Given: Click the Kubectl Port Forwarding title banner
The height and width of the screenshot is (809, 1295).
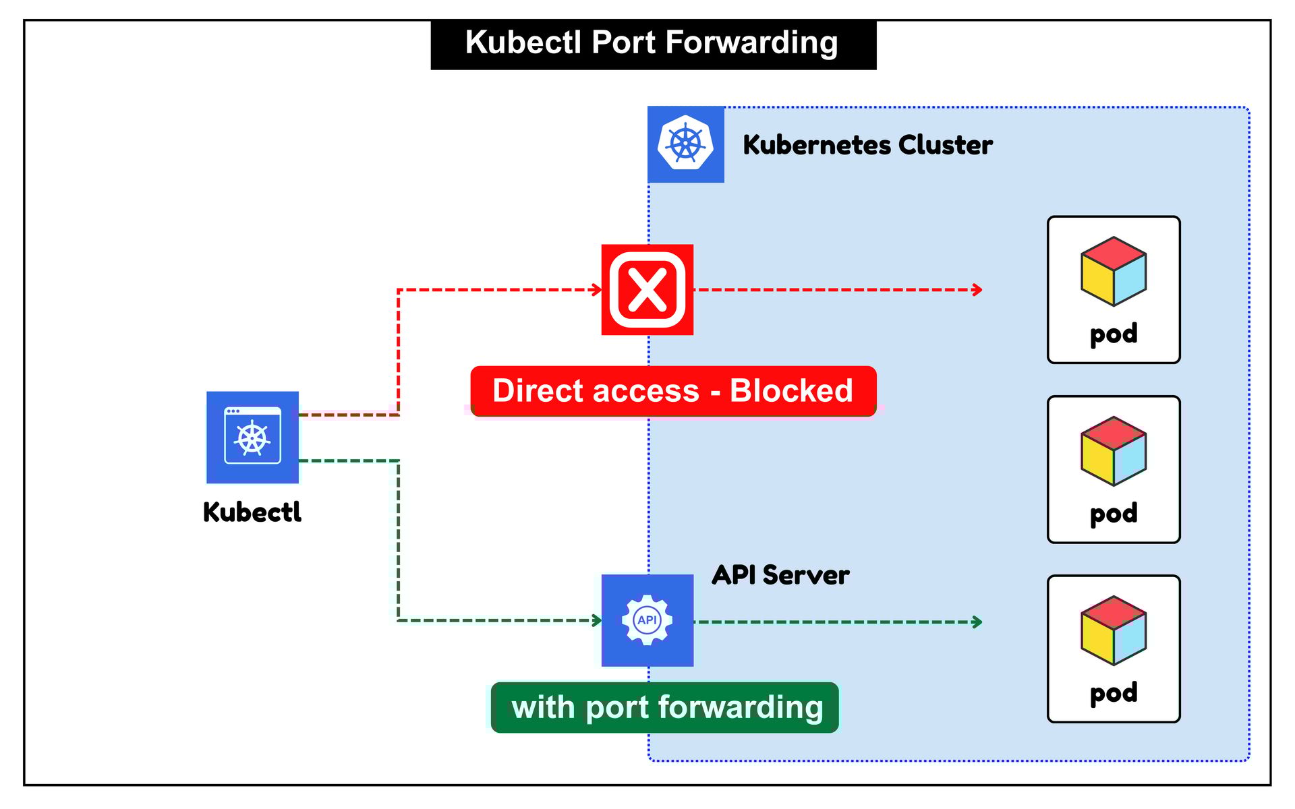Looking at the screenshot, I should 653,44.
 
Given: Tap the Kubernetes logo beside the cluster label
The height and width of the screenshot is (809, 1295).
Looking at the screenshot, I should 685,144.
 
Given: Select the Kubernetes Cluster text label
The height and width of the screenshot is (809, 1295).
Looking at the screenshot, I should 867,145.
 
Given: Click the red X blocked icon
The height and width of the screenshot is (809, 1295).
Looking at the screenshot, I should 647,290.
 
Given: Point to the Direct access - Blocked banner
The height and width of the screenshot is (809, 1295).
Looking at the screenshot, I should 673,391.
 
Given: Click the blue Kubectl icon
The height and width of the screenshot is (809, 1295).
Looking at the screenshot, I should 252,438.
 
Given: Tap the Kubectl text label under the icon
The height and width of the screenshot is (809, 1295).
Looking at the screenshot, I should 252,512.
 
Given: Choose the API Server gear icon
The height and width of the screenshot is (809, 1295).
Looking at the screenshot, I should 647,620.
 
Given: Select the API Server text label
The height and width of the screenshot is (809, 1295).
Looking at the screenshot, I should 780,575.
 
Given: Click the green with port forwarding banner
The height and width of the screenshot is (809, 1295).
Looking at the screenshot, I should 665,707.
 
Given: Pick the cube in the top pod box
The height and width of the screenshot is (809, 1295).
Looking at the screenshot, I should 1114,271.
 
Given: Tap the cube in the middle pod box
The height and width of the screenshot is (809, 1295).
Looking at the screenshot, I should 1114,451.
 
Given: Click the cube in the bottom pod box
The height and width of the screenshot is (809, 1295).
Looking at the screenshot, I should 1114,630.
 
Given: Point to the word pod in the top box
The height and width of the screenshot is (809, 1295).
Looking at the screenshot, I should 1114,334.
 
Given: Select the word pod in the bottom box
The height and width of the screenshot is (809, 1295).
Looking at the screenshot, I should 1114,693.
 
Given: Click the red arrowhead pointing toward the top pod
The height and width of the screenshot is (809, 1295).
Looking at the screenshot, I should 977,290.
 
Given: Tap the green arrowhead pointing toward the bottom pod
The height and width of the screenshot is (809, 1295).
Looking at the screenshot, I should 977,622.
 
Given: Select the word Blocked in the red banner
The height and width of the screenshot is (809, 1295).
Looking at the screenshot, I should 791,391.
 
